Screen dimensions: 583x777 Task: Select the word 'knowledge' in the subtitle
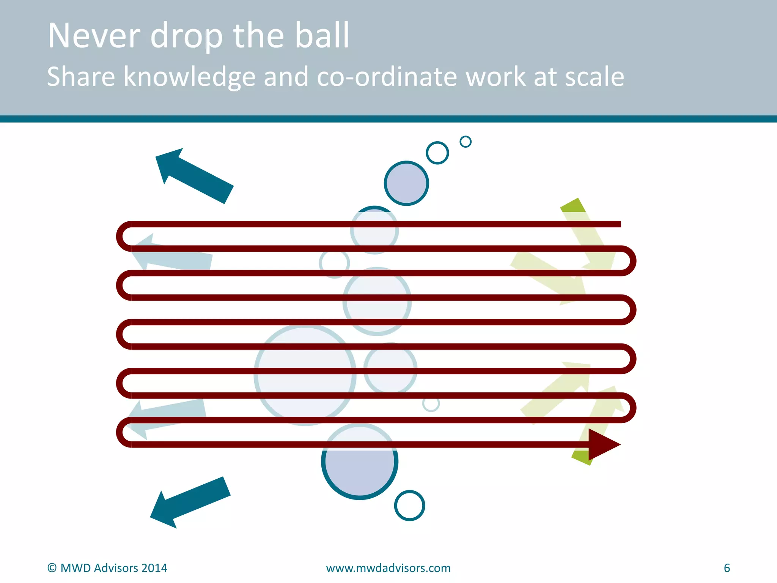click(x=190, y=77)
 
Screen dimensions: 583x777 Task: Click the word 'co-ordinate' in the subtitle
click(x=386, y=77)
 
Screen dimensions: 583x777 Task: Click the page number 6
click(x=727, y=568)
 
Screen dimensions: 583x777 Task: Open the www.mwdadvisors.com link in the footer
click(x=388, y=568)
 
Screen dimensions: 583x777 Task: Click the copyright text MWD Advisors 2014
click(x=107, y=568)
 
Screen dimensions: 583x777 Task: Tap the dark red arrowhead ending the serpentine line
click(x=603, y=444)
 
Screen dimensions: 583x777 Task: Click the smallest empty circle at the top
click(x=466, y=142)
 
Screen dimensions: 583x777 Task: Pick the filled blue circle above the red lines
click(x=406, y=183)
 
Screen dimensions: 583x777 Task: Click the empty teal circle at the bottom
click(x=410, y=506)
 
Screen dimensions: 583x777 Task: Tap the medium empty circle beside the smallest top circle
click(x=437, y=153)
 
